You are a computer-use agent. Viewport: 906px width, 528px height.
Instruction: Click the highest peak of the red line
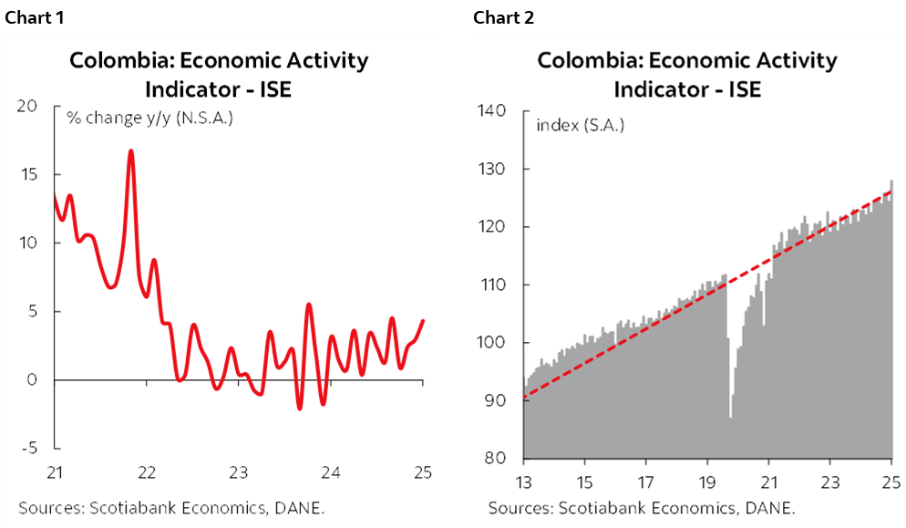tap(130, 151)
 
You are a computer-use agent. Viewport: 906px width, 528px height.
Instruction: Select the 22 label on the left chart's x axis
tap(146, 472)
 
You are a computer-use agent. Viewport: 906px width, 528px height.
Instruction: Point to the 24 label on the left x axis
tap(331, 472)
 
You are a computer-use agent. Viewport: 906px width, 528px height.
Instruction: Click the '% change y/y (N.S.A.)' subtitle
tap(149, 117)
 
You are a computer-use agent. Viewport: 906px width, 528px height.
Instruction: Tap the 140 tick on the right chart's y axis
tap(492, 111)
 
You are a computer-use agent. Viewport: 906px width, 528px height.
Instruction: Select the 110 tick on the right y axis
tap(492, 285)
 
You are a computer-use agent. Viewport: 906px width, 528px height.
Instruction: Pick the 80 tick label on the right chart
tap(497, 459)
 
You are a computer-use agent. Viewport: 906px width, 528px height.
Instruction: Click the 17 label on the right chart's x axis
tap(645, 481)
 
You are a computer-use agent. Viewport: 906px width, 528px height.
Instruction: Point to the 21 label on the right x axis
tap(768, 481)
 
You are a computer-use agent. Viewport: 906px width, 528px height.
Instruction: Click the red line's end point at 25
tap(423, 320)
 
